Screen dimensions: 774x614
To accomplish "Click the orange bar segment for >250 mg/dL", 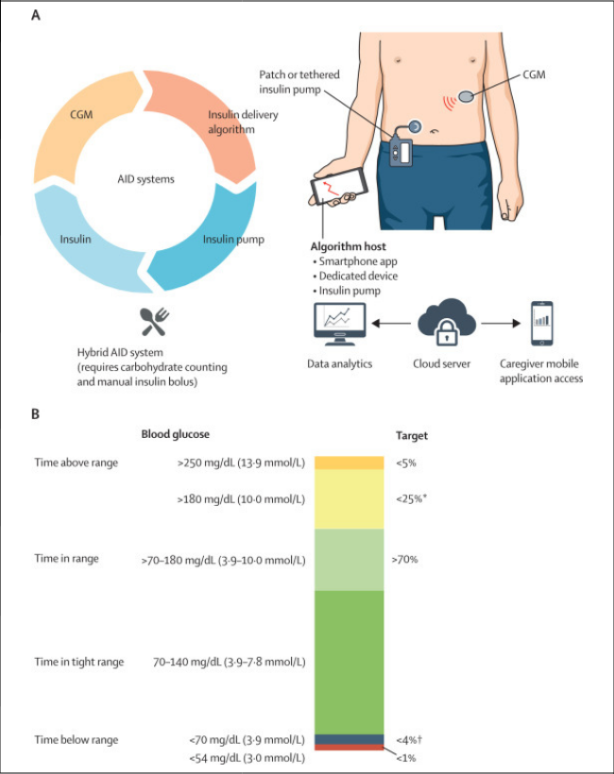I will (350, 463).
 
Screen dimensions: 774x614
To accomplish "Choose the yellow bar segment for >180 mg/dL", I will (350, 498).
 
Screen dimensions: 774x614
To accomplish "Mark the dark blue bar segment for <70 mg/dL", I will (350, 739).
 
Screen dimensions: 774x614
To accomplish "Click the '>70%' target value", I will (404, 559).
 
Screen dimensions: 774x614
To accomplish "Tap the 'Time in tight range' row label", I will (78, 662).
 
